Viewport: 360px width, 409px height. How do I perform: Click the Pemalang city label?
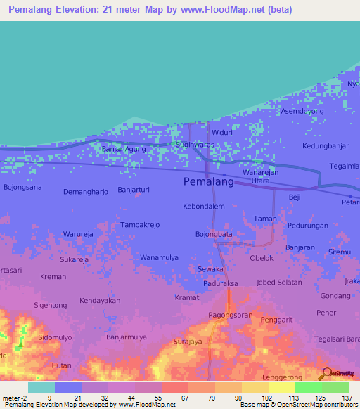coord(208,181)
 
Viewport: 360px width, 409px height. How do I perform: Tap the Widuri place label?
coord(221,132)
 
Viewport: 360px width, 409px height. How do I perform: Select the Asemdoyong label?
coord(302,112)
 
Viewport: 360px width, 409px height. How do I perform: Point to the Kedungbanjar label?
coord(325,146)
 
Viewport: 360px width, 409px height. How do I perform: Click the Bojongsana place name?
coord(22,188)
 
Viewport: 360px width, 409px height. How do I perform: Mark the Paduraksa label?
coord(219,285)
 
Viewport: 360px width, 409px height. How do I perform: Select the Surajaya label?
coord(188,342)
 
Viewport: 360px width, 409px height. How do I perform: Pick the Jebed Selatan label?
coord(279,282)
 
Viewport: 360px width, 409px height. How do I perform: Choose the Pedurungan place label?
coord(307,226)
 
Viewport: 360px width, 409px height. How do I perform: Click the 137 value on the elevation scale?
coord(348,398)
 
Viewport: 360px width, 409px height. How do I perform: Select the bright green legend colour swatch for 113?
coord(308,387)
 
